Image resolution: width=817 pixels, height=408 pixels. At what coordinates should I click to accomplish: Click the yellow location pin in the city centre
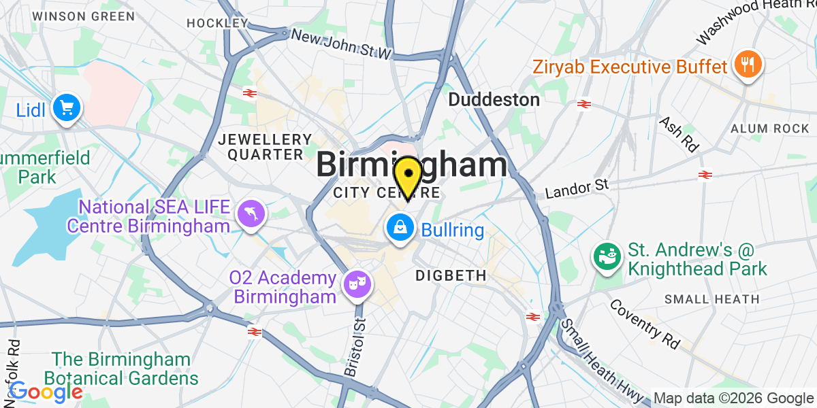(408, 175)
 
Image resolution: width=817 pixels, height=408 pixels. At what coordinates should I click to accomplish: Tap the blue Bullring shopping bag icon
(400, 227)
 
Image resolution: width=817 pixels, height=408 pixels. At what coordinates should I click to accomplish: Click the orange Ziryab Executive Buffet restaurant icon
(747, 65)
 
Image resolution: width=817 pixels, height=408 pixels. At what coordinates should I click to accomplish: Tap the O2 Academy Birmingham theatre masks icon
(356, 281)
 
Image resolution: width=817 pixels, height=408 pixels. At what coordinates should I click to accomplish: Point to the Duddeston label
(494, 100)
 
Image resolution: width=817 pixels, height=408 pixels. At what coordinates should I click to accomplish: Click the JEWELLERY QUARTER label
(261, 147)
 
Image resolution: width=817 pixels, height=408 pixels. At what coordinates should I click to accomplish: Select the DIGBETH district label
(451, 275)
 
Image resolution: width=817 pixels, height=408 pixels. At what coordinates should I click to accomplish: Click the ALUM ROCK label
(768, 129)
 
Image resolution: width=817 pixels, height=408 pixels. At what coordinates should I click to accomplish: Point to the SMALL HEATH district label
(711, 299)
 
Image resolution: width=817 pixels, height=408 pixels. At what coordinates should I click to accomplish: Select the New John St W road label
(342, 43)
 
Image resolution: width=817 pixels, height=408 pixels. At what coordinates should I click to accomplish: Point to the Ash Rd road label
(679, 133)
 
